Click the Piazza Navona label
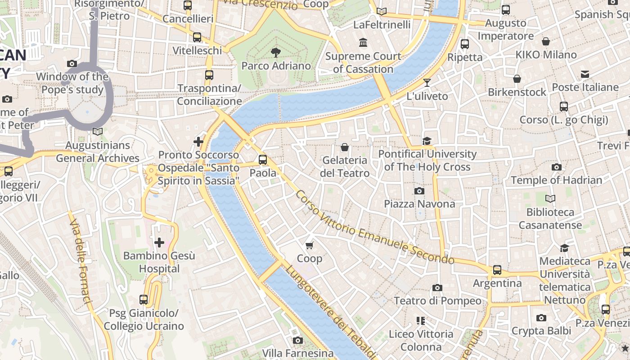point(419,204)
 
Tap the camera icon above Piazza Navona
point(419,191)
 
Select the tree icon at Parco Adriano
point(276,53)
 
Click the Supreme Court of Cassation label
point(363,63)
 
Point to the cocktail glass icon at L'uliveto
point(427,83)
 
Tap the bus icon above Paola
point(263,160)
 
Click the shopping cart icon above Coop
point(309,245)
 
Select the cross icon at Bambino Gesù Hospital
point(159,243)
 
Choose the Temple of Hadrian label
point(556,180)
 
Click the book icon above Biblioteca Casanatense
point(550,198)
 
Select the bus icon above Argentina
point(497,270)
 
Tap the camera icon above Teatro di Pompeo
point(437,288)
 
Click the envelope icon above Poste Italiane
point(585,74)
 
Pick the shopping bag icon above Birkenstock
point(517,79)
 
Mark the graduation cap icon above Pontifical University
point(427,141)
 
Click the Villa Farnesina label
point(298,353)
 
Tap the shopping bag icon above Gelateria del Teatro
point(345,147)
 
